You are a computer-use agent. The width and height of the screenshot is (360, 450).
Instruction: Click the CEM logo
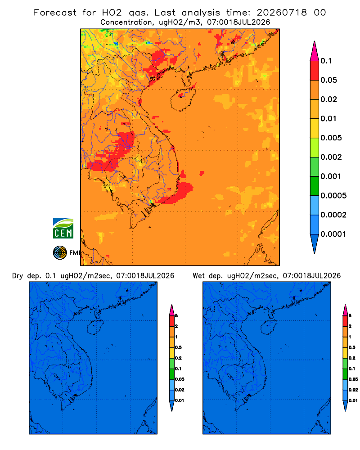[x=63, y=229]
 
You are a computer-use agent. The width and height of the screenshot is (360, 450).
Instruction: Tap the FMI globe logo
[x=60, y=253]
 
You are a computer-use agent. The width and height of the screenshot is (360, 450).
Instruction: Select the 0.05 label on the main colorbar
[x=328, y=80]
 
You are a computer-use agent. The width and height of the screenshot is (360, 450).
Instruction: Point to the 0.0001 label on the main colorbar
[x=333, y=234]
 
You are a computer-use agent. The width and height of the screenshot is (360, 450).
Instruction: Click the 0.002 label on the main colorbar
[x=331, y=157]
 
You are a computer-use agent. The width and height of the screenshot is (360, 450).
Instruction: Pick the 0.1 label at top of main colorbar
[x=326, y=61]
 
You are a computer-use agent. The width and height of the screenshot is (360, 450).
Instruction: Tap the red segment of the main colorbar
[x=315, y=71]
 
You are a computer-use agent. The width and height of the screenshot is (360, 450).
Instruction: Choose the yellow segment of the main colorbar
[x=315, y=128]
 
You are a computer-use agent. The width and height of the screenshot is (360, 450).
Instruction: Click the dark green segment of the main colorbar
[x=315, y=186]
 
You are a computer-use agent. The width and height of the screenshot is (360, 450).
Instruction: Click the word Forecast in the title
[x=55, y=13]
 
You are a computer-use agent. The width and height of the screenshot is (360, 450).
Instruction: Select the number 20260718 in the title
[x=282, y=13]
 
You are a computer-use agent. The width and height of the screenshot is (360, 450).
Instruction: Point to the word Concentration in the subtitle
[x=126, y=22]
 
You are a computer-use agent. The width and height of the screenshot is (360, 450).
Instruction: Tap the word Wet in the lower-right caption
[x=198, y=276]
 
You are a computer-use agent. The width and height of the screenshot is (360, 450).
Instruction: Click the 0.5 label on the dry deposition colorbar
[x=178, y=347]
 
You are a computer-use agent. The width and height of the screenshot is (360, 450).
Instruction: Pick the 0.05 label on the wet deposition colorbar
[x=353, y=379]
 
